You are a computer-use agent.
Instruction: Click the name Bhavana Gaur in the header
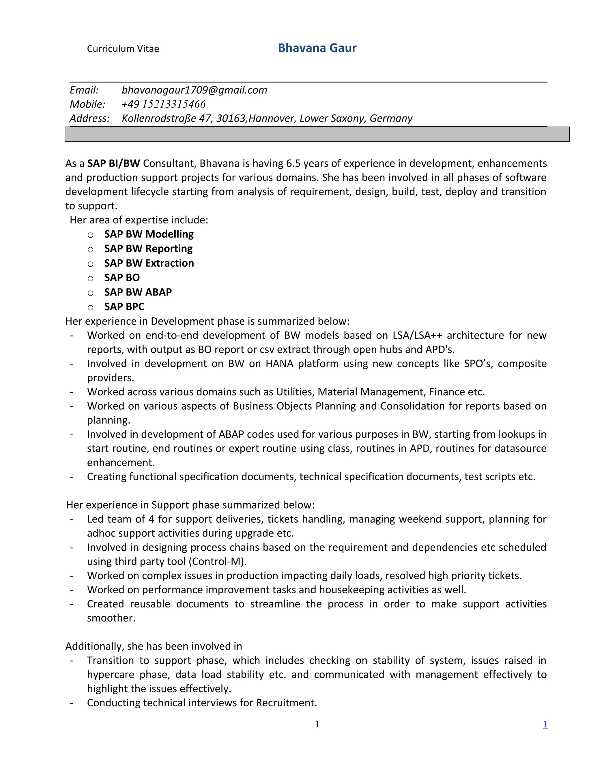click(x=317, y=48)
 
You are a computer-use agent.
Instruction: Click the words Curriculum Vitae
click(x=123, y=49)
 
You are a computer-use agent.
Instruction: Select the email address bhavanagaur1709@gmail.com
click(x=194, y=90)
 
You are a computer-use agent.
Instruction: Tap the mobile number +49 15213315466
click(x=164, y=104)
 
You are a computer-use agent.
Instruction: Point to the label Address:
click(x=90, y=118)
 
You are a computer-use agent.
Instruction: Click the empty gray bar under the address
click(x=317, y=134)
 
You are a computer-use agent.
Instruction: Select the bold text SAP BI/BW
click(x=113, y=163)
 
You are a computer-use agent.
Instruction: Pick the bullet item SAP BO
click(x=122, y=277)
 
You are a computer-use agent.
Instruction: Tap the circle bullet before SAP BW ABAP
click(x=90, y=293)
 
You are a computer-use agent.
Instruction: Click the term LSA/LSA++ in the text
click(x=417, y=335)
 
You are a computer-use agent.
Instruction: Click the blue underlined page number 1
click(x=545, y=725)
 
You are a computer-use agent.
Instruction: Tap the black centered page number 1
click(x=317, y=725)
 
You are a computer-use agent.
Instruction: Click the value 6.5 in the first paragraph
click(x=293, y=163)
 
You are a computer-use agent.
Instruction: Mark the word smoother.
click(x=111, y=618)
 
